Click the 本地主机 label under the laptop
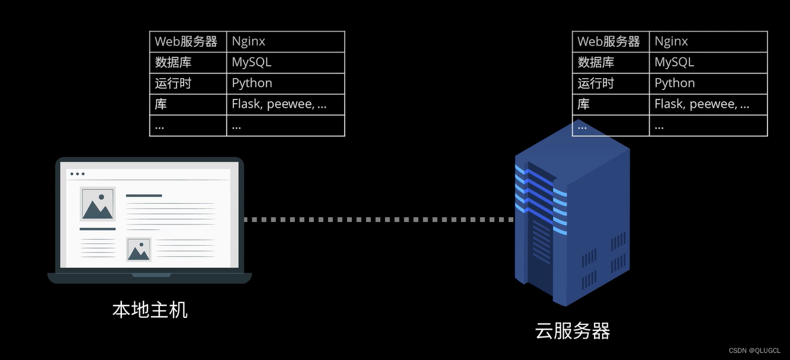pyautogui.click(x=150, y=310)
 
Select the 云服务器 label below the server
pyautogui.click(x=572, y=330)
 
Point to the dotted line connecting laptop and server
pyautogui.click(x=379, y=220)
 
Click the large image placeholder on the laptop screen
pyautogui.click(x=98, y=204)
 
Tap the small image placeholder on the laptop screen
pyautogui.click(x=139, y=250)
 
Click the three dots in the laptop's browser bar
pyautogui.click(x=77, y=174)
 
